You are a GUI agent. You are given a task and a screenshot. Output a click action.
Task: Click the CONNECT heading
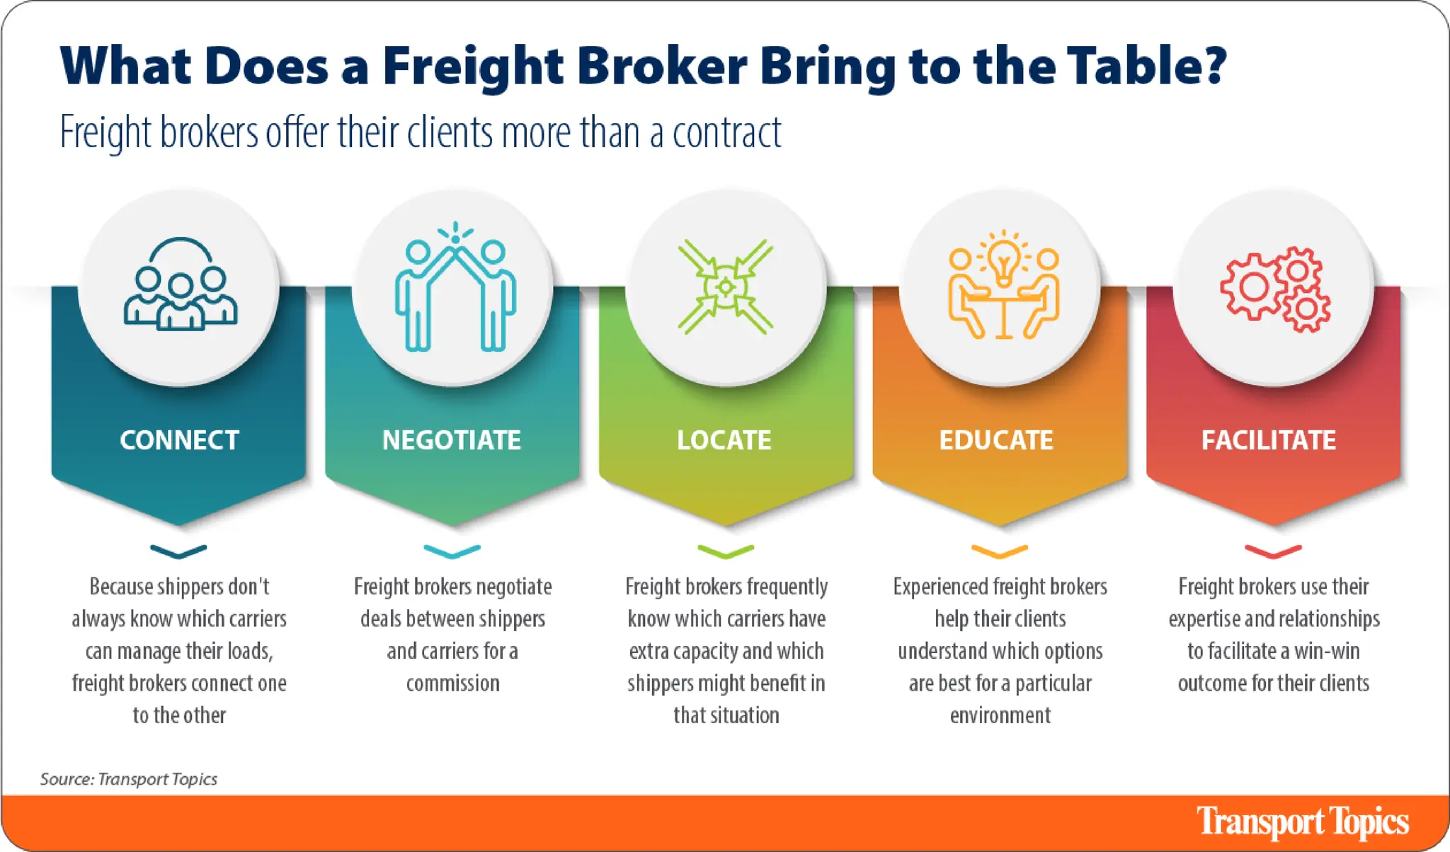[x=179, y=440]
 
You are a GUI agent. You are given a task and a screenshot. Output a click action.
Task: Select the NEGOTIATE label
[x=452, y=440]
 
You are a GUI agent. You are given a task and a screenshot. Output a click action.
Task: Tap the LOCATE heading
[x=724, y=440]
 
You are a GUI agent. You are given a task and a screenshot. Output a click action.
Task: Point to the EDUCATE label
[x=995, y=440]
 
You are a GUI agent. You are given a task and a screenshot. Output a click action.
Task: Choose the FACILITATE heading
[x=1268, y=440]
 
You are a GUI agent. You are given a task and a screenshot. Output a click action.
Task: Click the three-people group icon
[x=180, y=286]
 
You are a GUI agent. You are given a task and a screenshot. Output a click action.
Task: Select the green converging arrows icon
[x=725, y=287]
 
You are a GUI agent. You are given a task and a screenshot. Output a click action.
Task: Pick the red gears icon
[x=1274, y=289]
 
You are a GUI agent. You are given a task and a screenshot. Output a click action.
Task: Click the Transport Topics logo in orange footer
[x=1302, y=822]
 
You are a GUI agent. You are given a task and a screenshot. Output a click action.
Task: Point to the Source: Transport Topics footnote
[x=128, y=779]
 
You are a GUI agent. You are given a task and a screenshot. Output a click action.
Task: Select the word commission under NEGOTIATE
[x=452, y=684]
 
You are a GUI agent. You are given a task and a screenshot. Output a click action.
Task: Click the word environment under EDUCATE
[x=1000, y=715]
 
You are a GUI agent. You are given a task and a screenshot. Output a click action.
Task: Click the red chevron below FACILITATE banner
[x=1273, y=551]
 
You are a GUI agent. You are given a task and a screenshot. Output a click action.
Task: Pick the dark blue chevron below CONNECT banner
[x=178, y=551]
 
